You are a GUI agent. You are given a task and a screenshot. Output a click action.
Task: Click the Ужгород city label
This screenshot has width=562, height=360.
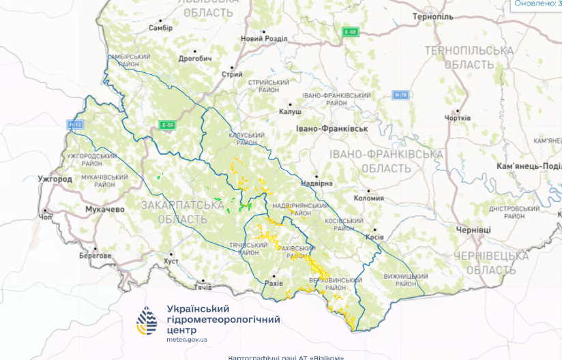coord(55,179)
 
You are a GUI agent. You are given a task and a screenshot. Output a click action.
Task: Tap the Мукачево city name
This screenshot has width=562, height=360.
coord(105,209)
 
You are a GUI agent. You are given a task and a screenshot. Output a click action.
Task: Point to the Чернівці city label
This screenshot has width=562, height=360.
coord(473,230)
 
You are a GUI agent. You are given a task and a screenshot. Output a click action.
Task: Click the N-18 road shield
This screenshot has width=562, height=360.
coord(400,95)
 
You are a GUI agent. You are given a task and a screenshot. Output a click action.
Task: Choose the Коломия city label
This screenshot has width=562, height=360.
coord(369,198)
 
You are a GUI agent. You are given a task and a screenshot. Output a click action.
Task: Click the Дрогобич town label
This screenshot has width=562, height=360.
coord(195,59)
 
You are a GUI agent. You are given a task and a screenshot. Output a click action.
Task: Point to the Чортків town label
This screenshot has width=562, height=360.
coord(457,118)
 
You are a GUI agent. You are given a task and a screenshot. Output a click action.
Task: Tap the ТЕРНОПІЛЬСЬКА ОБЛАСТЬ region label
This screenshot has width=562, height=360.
coord(468,57)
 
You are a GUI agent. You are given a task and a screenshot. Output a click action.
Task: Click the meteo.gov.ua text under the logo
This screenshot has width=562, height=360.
coord(187,339)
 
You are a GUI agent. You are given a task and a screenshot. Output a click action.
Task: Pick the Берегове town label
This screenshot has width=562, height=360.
coord(94,255)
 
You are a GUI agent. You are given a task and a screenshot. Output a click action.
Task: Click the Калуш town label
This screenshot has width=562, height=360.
coord(290,112)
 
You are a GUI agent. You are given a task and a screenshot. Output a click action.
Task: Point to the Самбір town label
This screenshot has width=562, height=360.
coord(160,28)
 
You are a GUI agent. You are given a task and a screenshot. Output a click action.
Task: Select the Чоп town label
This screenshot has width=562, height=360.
coord(46,217)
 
